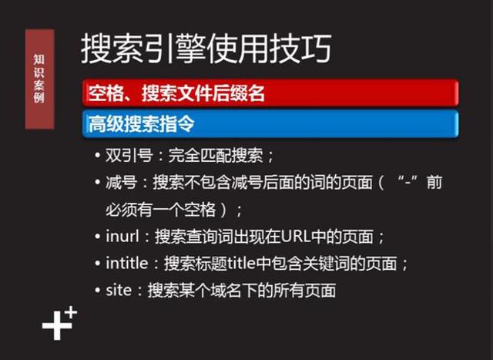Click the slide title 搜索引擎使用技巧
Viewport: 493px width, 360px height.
(206, 49)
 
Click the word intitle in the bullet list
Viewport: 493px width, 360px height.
(126, 263)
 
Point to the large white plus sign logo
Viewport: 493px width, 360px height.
(55, 327)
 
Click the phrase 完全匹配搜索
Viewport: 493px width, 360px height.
(217, 156)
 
